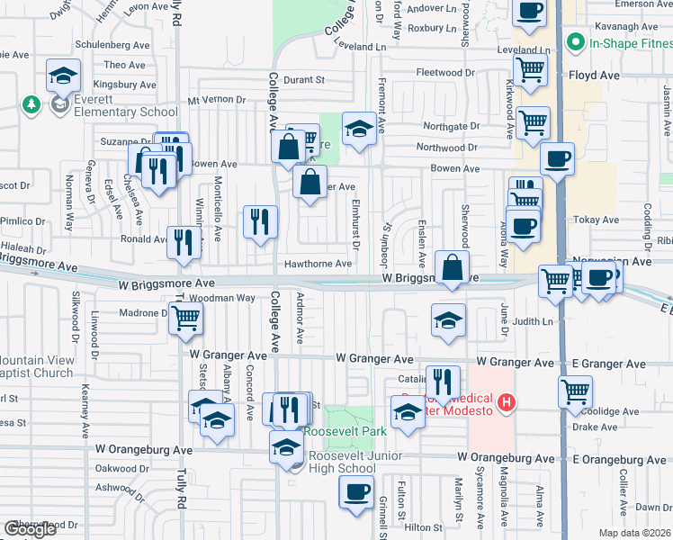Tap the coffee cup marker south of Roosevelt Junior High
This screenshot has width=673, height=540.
[x=356, y=492]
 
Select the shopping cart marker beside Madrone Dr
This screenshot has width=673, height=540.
[x=185, y=318]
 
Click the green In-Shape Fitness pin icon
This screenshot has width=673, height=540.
[x=573, y=41]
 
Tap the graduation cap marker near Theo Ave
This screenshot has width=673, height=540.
[x=64, y=75]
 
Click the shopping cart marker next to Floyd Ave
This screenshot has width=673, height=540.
[x=531, y=68]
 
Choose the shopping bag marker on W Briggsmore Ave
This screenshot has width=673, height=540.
[x=452, y=267]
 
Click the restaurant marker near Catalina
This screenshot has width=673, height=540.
[x=442, y=382]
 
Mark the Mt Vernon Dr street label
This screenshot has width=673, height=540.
[x=216, y=100]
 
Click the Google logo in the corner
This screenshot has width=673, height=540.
[x=30, y=529]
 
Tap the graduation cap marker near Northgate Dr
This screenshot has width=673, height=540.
[x=359, y=129]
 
